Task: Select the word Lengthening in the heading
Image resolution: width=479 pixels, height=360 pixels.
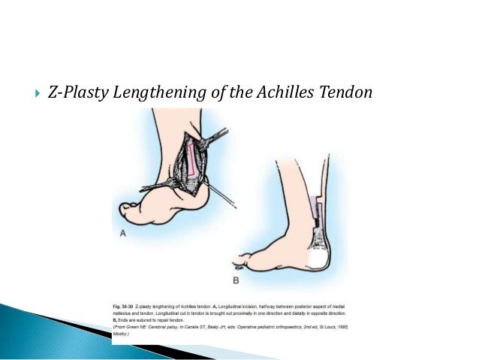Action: [x=151, y=92]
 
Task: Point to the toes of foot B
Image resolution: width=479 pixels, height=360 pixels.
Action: [x=243, y=262]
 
